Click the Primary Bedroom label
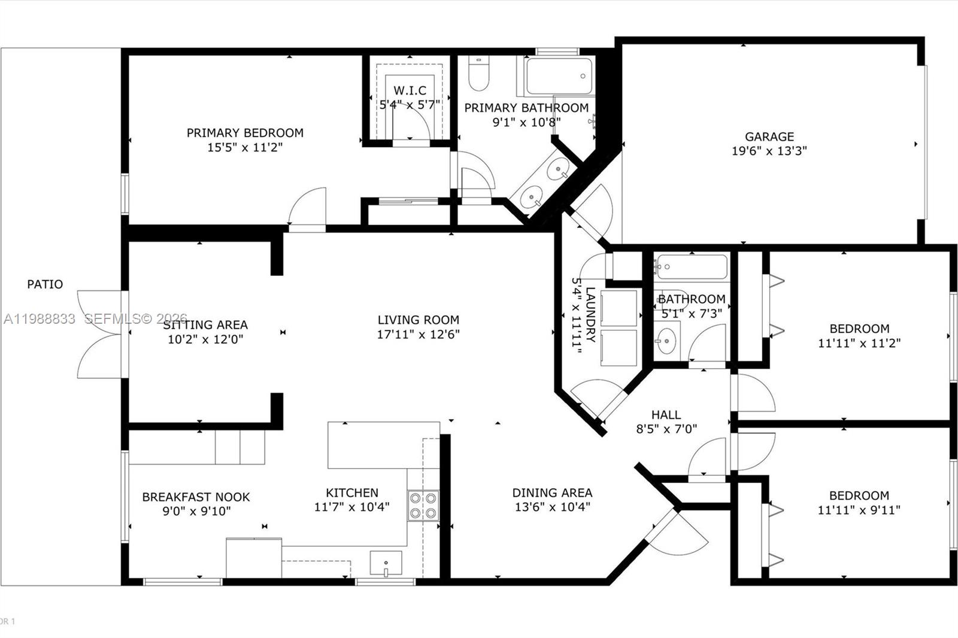point(245,133)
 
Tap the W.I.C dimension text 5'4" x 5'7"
point(410,105)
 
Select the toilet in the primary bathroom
point(478,74)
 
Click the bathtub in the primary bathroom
point(559,76)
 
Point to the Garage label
point(769,136)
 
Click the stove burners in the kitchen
point(423,505)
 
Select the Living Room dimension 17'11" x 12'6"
point(418,335)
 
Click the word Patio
point(45,284)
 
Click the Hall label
point(666,414)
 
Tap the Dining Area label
point(552,493)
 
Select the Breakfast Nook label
point(196,497)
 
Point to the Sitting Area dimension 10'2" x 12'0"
point(205,339)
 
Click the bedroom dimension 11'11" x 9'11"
point(859,511)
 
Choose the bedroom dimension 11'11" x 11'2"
point(859,344)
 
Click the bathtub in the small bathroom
point(692,267)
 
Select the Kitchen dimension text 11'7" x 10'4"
point(352,507)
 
